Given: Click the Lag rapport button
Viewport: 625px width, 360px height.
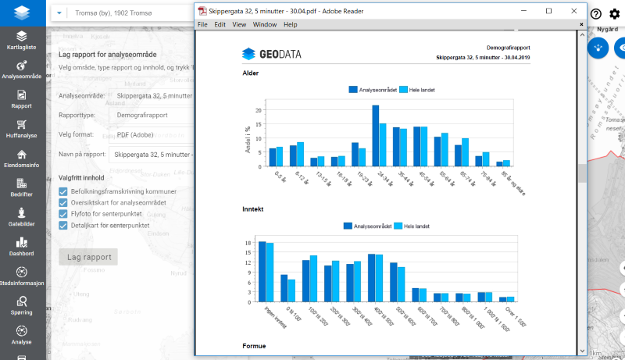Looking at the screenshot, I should (88, 257).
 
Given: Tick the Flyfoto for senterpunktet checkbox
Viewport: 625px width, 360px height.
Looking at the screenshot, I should (63, 214).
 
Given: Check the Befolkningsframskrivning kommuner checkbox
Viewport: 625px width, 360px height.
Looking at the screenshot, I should (63, 191).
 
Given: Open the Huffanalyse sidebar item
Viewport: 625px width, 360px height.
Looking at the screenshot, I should (21, 128).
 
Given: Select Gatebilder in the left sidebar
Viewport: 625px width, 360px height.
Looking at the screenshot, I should (21, 216).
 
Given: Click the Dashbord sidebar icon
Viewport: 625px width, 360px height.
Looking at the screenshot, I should (21, 247).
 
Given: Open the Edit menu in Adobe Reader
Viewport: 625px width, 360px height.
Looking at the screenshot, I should (220, 24).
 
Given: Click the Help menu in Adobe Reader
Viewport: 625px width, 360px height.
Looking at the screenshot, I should (290, 24).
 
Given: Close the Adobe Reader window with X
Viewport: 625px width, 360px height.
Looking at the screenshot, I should (574, 11).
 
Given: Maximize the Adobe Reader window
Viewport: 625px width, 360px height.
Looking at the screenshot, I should (548, 11).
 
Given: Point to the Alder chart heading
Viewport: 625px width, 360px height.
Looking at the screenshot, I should (250, 73).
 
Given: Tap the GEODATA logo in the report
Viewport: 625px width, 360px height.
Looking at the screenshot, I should (271, 54).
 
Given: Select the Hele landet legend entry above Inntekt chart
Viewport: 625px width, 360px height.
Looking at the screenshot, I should (414, 226).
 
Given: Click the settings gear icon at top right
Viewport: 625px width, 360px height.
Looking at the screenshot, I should (615, 14).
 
